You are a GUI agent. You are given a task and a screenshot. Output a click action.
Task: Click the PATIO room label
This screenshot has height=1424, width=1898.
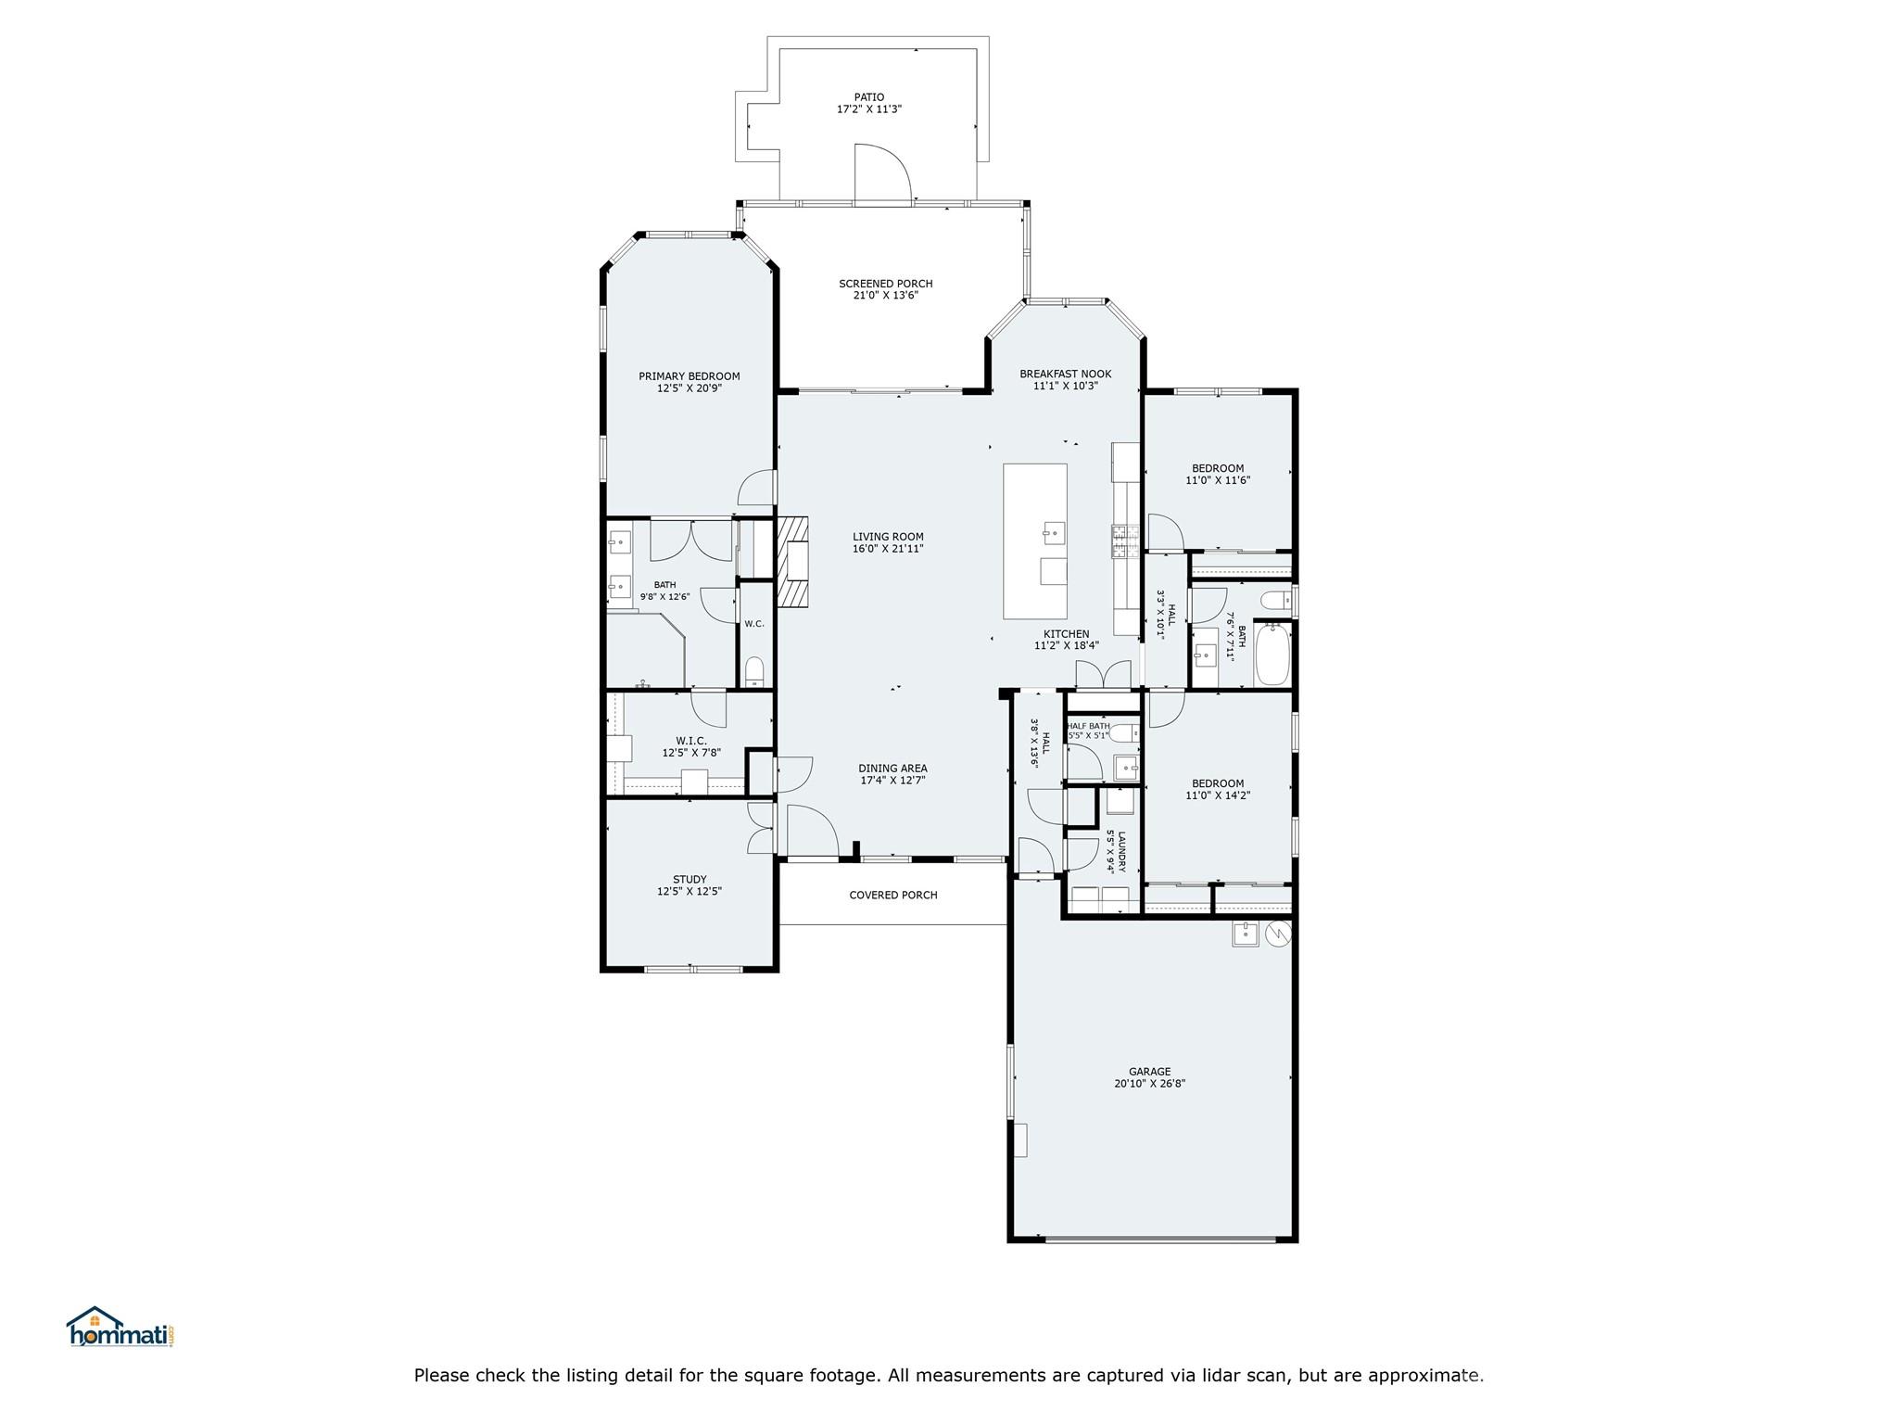[868, 96]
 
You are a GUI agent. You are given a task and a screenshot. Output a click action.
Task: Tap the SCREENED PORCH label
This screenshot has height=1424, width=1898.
[885, 284]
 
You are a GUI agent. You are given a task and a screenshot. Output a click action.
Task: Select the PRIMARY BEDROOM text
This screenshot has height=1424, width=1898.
[689, 376]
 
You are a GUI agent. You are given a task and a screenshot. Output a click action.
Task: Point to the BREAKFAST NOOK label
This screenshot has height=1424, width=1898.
[1065, 375]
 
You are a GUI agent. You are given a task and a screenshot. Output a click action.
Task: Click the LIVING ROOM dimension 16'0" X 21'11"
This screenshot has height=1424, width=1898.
[888, 549]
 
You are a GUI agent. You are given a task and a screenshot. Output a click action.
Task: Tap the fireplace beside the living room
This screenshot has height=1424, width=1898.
[792, 562]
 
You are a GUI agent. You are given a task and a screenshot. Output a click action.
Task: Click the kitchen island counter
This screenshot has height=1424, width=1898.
[1035, 541]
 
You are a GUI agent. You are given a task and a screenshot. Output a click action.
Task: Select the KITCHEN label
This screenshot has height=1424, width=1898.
[1066, 634]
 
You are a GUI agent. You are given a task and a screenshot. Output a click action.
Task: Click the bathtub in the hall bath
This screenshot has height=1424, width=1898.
[1272, 654]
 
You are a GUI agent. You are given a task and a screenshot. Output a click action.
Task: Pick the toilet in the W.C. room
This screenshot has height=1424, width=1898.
[754, 672]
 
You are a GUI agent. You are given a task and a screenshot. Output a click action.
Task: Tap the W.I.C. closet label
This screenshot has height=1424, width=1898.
[691, 741]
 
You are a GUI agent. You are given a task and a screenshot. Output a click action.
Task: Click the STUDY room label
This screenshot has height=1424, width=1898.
[690, 879]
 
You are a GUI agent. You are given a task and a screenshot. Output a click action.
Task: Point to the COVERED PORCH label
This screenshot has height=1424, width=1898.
[893, 895]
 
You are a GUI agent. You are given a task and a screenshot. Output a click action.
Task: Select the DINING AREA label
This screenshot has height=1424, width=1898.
[892, 768]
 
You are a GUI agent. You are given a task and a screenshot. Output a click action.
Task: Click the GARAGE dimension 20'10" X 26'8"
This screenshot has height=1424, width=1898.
[1149, 1083]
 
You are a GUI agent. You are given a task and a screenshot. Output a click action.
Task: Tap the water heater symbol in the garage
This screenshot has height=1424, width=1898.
[1277, 934]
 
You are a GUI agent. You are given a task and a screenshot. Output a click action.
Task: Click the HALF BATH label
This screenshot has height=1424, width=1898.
[1088, 726]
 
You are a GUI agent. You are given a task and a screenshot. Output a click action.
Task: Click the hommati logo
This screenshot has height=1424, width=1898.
[120, 1327]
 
